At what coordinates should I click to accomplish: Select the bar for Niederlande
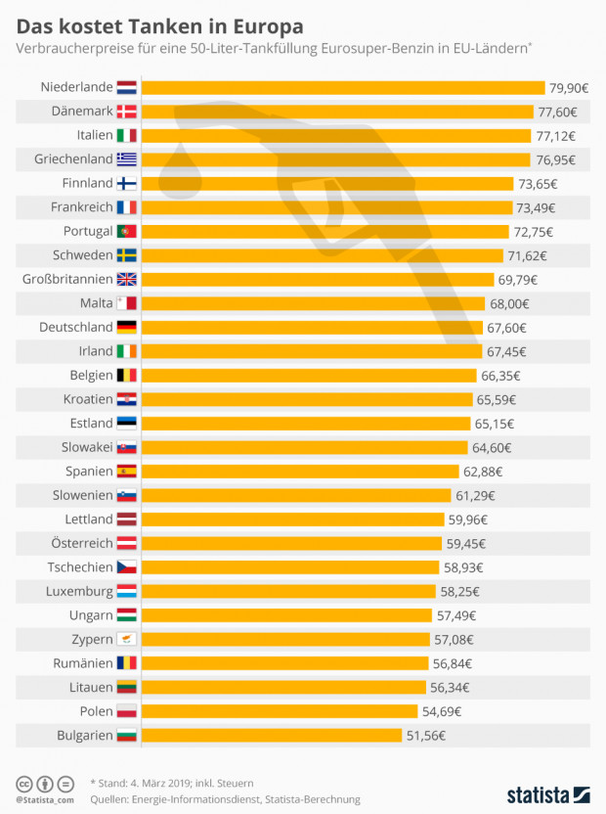pyautogui.click(x=342, y=87)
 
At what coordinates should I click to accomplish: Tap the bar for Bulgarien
pyautogui.click(x=272, y=735)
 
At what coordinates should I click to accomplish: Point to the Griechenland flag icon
pyautogui.click(x=127, y=158)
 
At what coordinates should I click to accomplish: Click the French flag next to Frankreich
pyautogui.click(x=127, y=207)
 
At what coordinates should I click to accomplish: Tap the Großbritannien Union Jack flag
pyautogui.click(x=127, y=279)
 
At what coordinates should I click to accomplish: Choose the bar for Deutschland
pyautogui.click(x=312, y=327)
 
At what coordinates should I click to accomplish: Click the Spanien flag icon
pyautogui.click(x=127, y=471)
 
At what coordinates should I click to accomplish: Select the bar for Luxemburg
pyautogui.click(x=288, y=591)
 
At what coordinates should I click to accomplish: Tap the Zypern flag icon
pyautogui.click(x=127, y=639)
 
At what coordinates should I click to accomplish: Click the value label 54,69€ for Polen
pyautogui.click(x=441, y=710)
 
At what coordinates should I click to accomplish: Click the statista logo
pyautogui.click(x=547, y=793)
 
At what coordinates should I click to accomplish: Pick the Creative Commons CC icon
pyautogui.click(x=23, y=784)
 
